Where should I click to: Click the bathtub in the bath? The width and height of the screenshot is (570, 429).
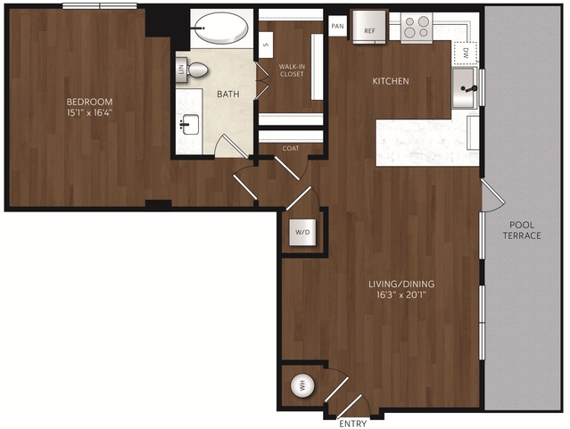pos(221,28)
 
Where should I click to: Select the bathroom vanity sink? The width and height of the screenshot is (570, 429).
pos(190,124)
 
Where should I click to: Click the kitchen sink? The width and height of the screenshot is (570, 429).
pos(464,88)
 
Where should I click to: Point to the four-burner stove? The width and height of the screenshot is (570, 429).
pos(417,28)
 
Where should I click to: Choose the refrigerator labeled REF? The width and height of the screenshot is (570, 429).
pos(369,27)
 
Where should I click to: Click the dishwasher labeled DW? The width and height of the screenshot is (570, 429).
pos(466,54)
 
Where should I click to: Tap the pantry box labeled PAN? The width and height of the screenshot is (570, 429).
pos(337,26)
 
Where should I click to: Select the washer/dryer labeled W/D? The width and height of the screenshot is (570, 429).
pos(302,232)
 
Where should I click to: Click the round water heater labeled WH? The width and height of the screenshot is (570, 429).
pos(302,386)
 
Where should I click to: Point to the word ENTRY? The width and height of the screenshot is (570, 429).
pos(353,424)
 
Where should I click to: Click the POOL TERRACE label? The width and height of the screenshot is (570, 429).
pos(522,230)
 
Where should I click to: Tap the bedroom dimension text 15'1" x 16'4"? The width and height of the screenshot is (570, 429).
pos(90,112)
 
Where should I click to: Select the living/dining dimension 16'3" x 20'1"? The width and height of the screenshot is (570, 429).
pos(401,294)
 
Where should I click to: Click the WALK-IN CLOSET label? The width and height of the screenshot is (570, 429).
pos(292,70)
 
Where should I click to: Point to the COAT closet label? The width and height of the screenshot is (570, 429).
pos(291,148)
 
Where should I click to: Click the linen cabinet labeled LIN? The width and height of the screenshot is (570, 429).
pos(181,70)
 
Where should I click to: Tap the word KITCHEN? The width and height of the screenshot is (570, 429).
pos(391,81)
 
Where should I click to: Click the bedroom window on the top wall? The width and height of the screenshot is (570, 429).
pos(100,6)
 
